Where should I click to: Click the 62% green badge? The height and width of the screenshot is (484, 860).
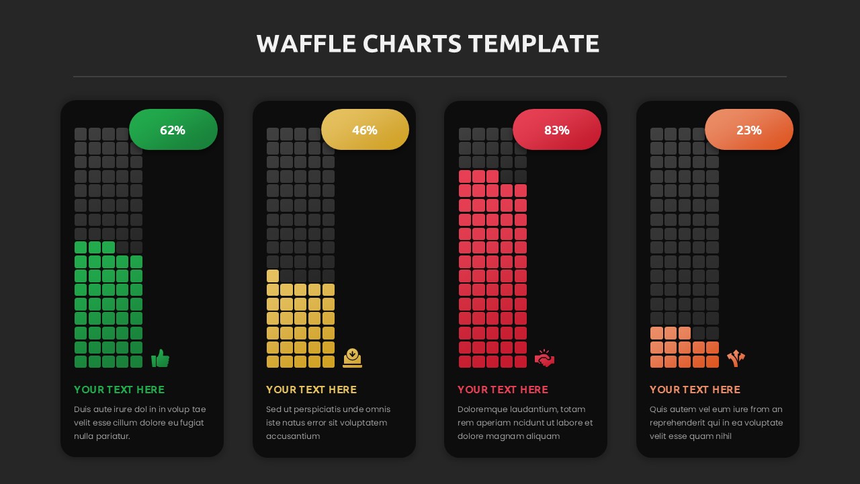pyautogui.click(x=173, y=130)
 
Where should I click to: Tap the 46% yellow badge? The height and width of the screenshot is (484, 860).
pyautogui.click(x=365, y=130)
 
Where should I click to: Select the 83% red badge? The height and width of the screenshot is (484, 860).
pyautogui.click(x=556, y=130)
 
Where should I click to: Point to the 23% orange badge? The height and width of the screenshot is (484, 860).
pyautogui.click(x=748, y=130)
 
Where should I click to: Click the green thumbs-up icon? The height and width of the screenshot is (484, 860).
pyautogui.click(x=160, y=358)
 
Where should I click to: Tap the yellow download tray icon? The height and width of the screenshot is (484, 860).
pyautogui.click(x=352, y=358)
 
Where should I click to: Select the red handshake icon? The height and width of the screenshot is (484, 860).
pyautogui.click(x=544, y=359)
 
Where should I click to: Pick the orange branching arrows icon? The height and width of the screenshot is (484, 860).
pyautogui.click(x=736, y=358)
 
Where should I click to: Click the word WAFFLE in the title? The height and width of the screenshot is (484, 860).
pyautogui.click(x=306, y=44)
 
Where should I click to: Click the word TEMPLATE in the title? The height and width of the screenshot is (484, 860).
pyautogui.click(x=533, y=44)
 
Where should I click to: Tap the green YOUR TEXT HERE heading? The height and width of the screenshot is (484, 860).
pyautogui.click(x=119, y=390)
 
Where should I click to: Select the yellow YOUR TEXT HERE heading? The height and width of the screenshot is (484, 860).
pyautogui.click(x=311, y=390)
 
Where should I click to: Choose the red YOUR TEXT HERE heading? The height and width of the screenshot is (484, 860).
pyautogui.click(x=503, y=390)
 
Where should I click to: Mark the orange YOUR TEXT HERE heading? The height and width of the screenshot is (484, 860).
pyautogui.click(x=695, y=390)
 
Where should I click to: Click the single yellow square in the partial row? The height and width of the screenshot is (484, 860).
pyautogui.click(x=273, y=276)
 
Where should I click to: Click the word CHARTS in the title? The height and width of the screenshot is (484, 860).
pyautogui.click(x=412, y=44)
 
